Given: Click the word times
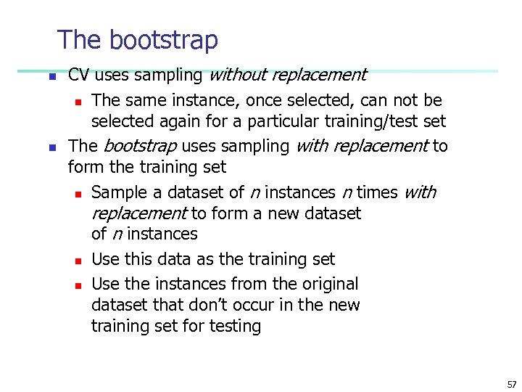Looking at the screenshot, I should point(377,192).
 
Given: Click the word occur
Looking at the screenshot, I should point(264,305).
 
